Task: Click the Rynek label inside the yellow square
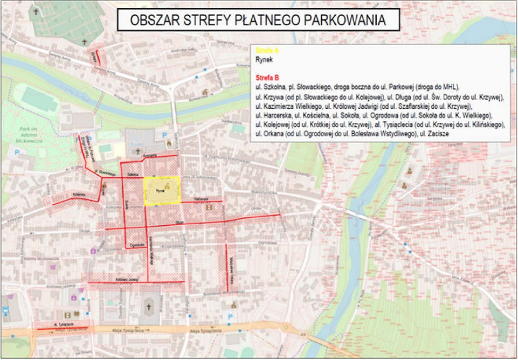point(160,191)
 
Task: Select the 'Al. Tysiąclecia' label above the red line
point(63,324)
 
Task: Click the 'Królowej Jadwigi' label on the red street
point(127,279)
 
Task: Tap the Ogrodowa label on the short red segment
point(136,245)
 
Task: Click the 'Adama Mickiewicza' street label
point(36,259)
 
